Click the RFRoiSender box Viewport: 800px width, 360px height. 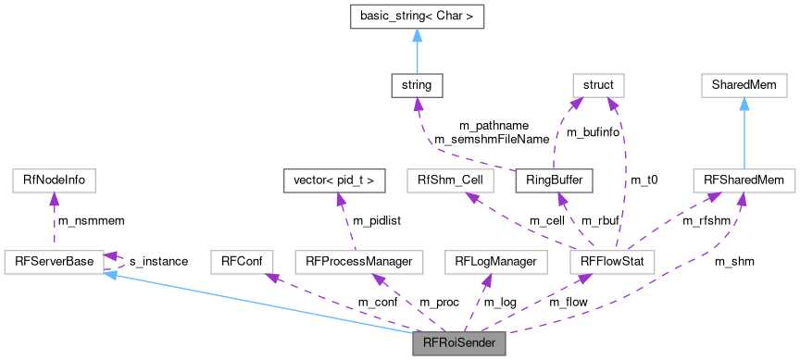tap(459, 343)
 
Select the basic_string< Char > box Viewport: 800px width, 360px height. tap(416, 18)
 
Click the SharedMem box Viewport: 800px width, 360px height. tap(743, 87)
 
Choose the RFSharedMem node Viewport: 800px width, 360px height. tap(743, 180)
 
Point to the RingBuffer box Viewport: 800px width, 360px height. tap(554, 180)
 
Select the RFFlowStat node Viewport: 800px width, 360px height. tap(612, 262)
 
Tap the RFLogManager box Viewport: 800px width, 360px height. tap(495, 262)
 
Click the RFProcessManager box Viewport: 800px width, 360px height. tap(357, 262)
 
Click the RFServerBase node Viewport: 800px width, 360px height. tap(54, 262)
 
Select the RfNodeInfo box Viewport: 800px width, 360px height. tap(54, 180)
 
